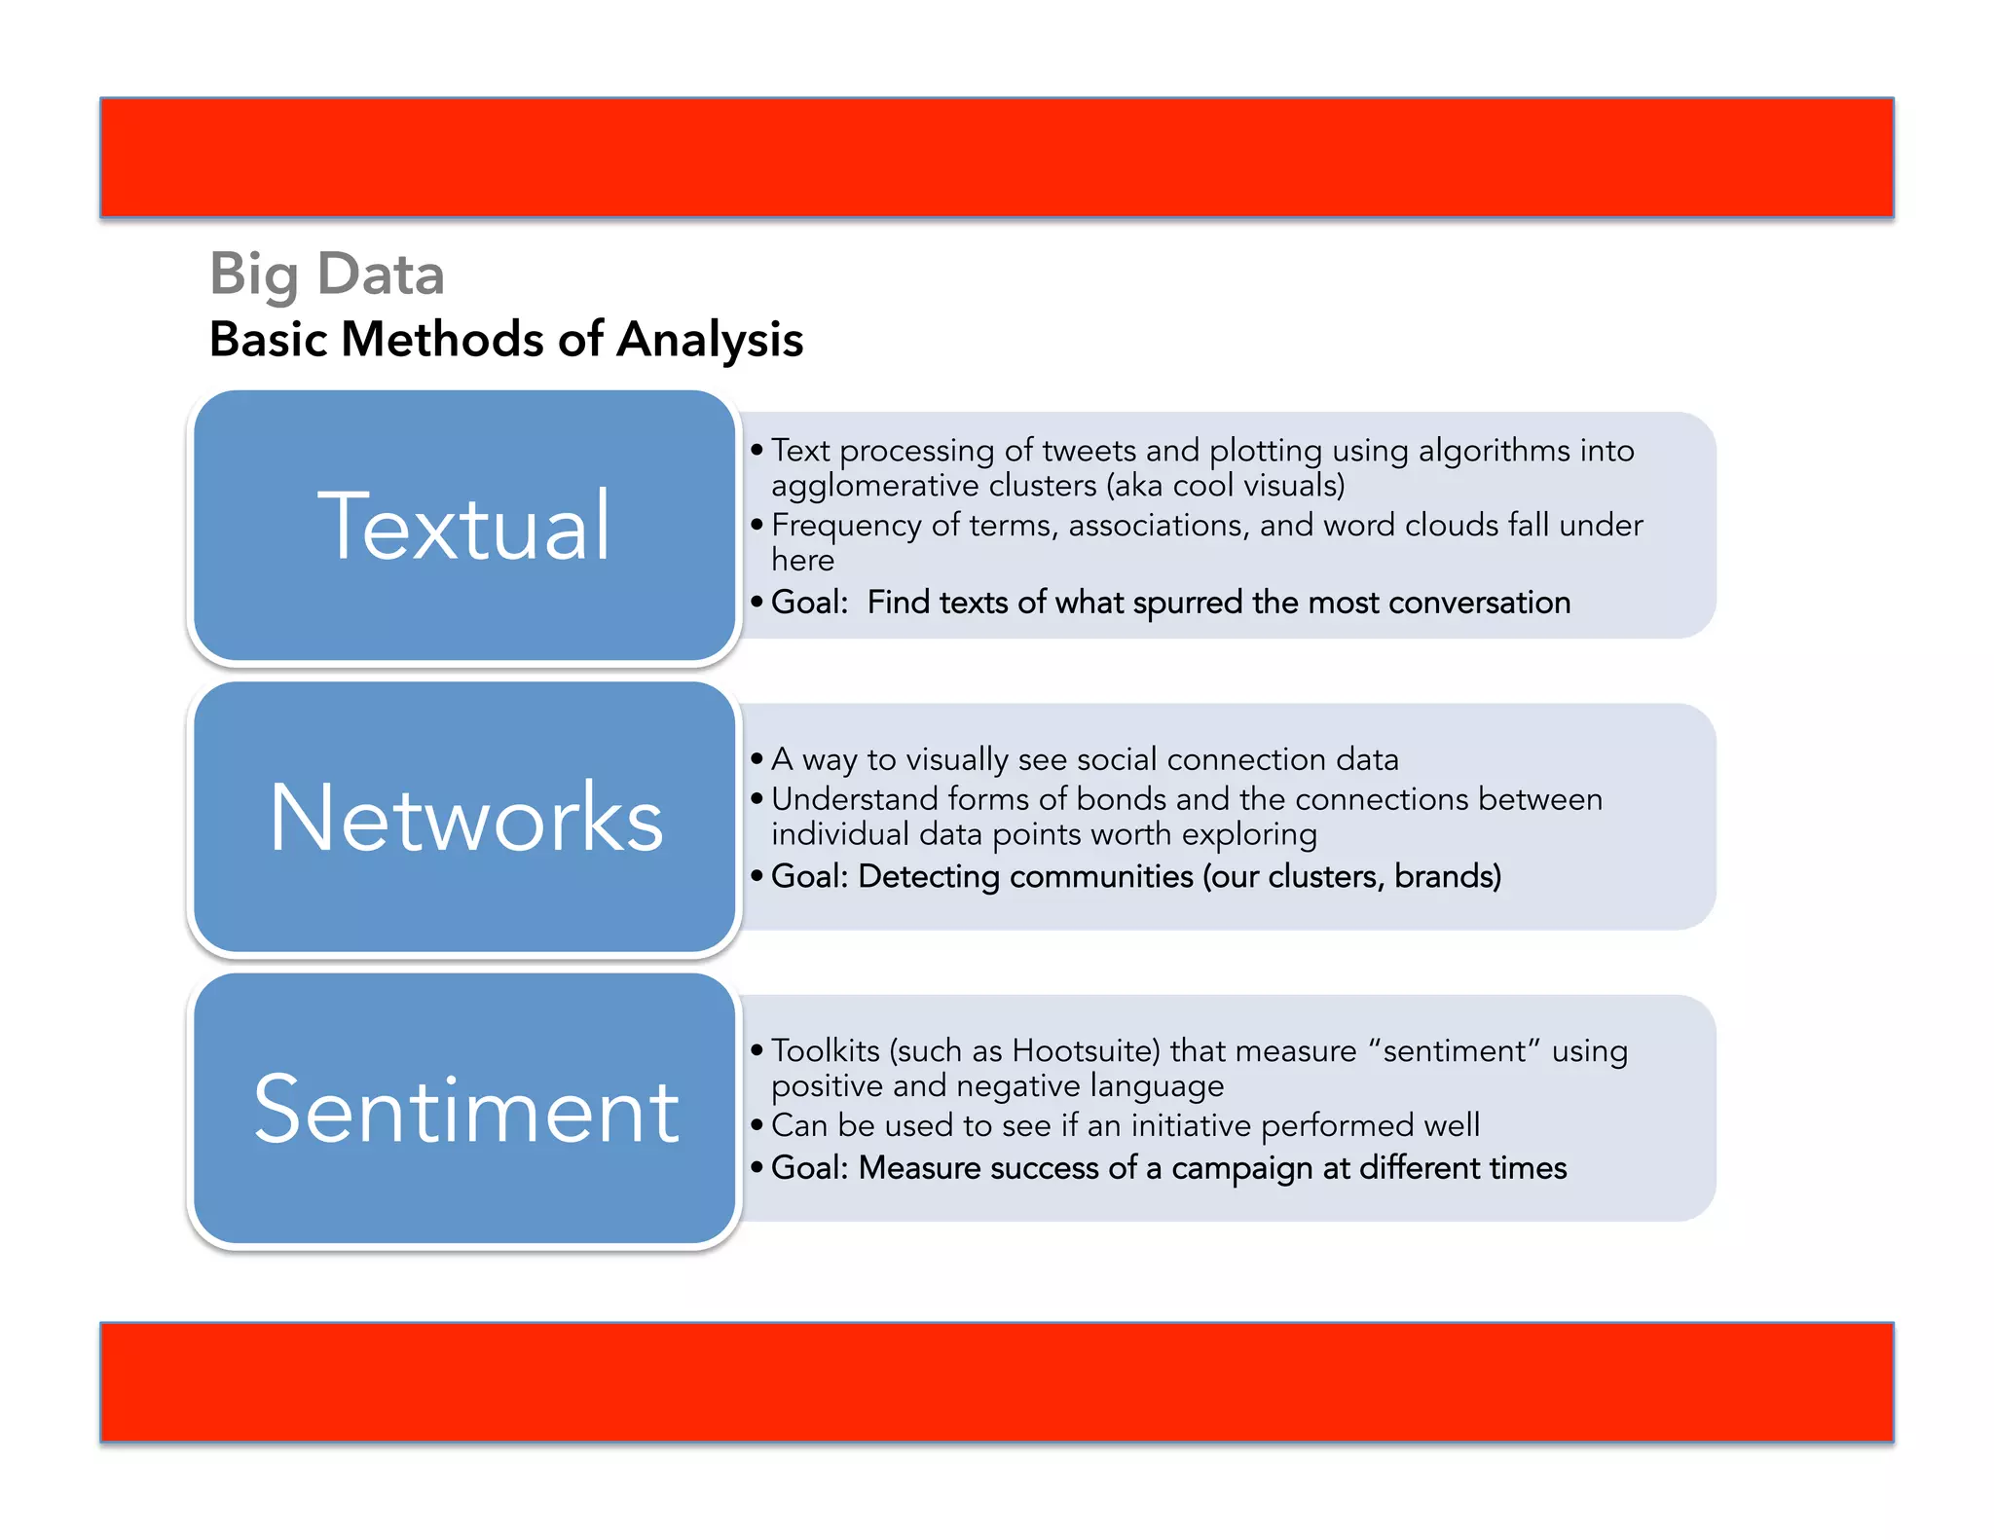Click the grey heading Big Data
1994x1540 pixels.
click(x=327, y=275)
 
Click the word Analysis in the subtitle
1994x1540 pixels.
click(x=710, y=340)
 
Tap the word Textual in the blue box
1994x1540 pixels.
click(x=464, y=527)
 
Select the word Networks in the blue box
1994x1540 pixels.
click(x=465, y=818)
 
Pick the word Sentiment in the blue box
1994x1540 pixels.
click(x=465, y=1110)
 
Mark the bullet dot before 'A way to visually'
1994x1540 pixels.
click(x=757, y=759)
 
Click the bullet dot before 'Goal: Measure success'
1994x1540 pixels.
click(x=757, y=1167)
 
